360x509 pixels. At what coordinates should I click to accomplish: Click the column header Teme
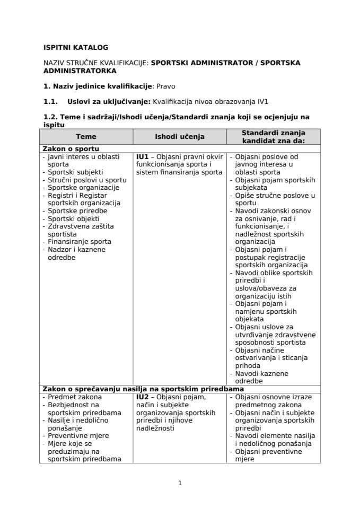(x=86, y=137)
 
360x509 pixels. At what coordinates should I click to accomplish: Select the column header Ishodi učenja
(x=179, y=137)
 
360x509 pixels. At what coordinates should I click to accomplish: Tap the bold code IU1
(x=142, y=157)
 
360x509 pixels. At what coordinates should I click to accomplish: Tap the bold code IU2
(x=142, y=397)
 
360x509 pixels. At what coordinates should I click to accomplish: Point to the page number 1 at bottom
(x=180, y=482)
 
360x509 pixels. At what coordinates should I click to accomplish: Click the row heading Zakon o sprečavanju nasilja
(x=143, y=389)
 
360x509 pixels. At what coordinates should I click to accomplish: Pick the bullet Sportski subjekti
(x=75, y=172)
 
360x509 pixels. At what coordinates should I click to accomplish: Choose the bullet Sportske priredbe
(x=77, y=210)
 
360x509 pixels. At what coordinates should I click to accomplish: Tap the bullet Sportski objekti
(x=74, y=218)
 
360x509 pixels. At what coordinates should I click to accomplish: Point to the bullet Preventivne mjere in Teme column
(x=78, y=435)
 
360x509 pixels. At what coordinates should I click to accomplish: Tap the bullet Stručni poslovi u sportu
(x=87, y=180)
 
